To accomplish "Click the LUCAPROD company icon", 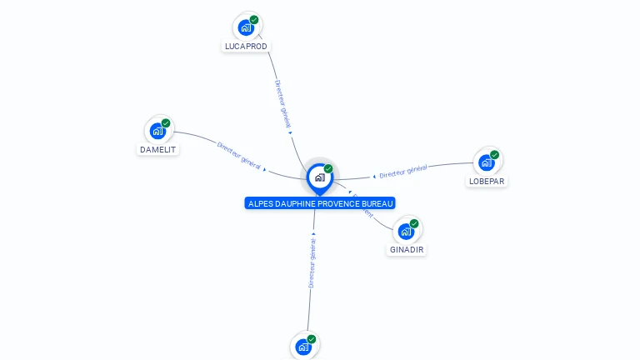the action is click(x=246, y=27).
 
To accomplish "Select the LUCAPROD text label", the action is click(x=246, y=47).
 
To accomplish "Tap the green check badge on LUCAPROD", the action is click(x=254, y=20).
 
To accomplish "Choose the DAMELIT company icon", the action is click(x=157, y=131).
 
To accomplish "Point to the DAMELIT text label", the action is click(x=157, y=150).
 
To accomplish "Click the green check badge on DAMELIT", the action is click(x=166, y=123).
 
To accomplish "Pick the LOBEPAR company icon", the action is click(x=487, y=162).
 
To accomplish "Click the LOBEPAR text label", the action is click(x=487, y=182).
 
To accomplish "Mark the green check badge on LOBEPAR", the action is click(x=495, y=155).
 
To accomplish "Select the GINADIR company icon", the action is click(x=406, y=231).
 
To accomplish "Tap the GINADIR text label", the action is click(x=407, y=250).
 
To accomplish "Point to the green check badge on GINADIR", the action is click(x=414, y=223).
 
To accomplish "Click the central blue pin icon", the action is click(x=319, y=177).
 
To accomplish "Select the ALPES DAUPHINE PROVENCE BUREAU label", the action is click(x=320, y=203).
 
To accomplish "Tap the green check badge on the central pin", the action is click(x=328, y=169).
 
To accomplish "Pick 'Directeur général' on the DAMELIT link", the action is click(x=239, y=156).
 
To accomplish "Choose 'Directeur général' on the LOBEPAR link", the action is click(x=403, y=172).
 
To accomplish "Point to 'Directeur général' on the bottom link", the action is click(x=312, y=262).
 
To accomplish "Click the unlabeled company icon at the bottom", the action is click(x=303, y=347).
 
